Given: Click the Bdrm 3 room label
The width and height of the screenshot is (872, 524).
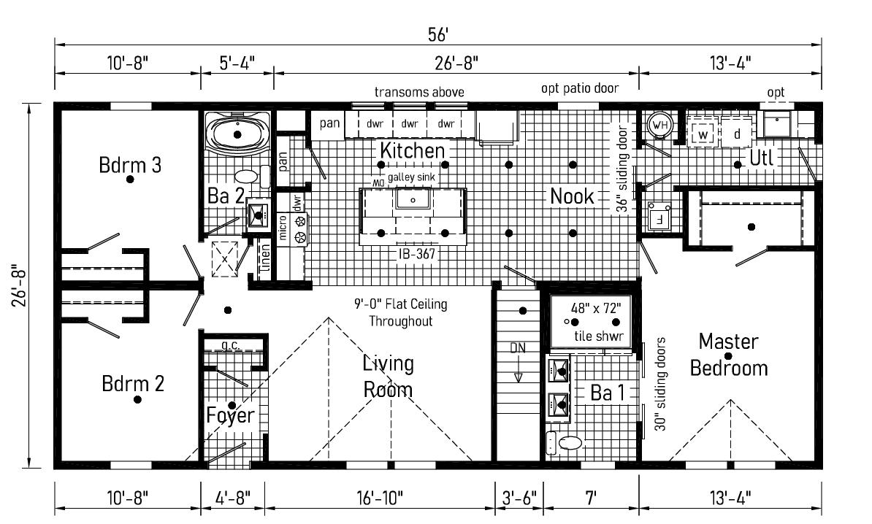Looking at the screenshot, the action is click(x=130, y=164).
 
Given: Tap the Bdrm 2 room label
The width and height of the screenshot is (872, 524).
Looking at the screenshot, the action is click(x=133, y=383).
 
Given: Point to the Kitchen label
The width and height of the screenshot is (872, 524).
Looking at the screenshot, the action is click(x=413, y=151).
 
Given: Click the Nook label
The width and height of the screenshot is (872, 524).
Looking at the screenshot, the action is click(x=573, y=196).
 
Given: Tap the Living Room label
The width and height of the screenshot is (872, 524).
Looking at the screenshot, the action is click(x=388, y=377).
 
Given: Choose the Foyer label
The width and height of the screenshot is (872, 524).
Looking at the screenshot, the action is click(x=230, y=415).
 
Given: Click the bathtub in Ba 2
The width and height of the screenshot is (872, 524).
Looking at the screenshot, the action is click(x=237, y=133).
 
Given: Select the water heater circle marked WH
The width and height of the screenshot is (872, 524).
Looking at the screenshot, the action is click(x=659, y=126).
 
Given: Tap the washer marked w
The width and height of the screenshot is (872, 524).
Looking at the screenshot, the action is click(x=703, y=135).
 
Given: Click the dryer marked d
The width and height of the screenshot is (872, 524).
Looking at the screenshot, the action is click(x=737, y=135).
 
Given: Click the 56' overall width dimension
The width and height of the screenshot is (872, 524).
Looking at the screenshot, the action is click(x=438, y=34).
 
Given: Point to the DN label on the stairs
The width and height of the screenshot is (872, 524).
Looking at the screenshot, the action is click(x=518, y=348).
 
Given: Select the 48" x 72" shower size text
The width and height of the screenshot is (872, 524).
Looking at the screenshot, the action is click(x=595, y=307).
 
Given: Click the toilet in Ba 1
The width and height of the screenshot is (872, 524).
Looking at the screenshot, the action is click(x=566, y=441).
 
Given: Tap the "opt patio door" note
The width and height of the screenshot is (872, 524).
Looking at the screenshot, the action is click(x=579, y=88).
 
